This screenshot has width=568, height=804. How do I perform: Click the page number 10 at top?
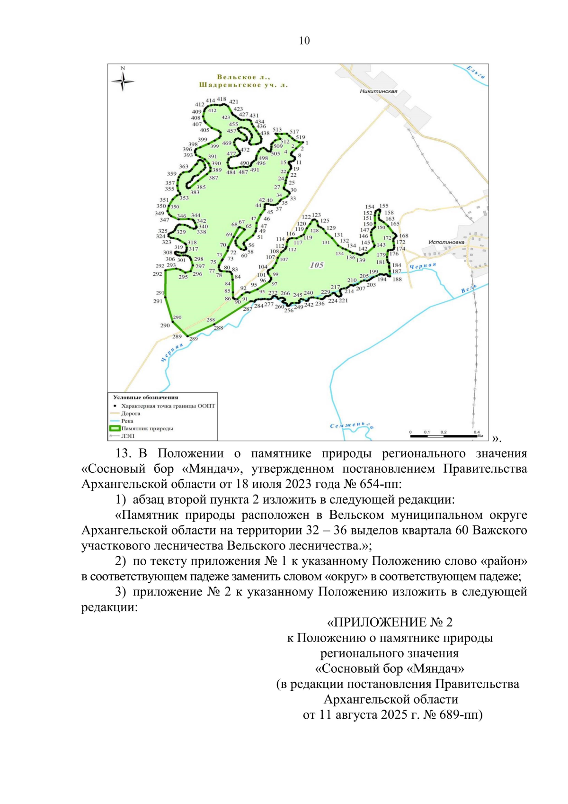click(x=304, y=41)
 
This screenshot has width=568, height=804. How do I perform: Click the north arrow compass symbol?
click(x=123, y=81)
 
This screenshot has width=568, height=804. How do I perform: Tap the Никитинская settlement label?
click(x=378, y=91)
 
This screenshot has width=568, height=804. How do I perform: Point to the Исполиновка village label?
click(x=446, y=242)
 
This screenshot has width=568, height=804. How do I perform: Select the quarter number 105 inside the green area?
click(x=317, y=265)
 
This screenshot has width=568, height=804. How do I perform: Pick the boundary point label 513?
click(x=277, y=129)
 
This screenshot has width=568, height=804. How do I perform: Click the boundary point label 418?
click(x=222, y=99)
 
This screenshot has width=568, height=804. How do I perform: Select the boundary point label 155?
click(x=384, y=206)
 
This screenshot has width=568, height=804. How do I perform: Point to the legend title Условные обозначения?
click(x=145, y=397)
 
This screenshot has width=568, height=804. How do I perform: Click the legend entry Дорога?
click(x=131, y=413)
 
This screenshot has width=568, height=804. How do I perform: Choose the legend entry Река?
click(x=127, y=421)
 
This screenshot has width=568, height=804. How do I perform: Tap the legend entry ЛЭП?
click(x=127, y=436)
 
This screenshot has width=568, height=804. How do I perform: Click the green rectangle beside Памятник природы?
click(x=115, y=428)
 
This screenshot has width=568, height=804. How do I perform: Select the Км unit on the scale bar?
click(x=480, y=436)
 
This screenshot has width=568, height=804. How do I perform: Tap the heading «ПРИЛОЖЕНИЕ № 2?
click(x=390, y=622)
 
